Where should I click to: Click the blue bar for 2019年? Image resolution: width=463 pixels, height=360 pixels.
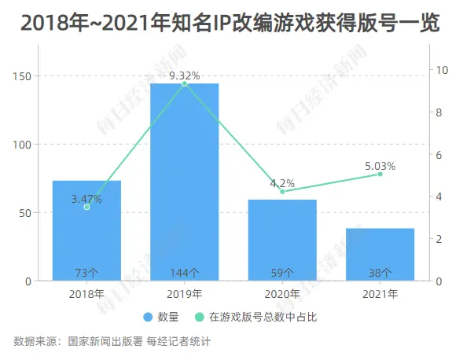185,182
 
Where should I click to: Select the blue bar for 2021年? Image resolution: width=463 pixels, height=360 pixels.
380,254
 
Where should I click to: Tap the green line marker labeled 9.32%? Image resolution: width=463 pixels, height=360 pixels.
185,84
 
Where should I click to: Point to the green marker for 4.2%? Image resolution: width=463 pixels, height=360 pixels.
282,192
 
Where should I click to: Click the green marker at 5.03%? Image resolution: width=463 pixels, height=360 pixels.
380,174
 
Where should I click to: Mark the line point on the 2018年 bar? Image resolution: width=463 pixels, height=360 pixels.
86,208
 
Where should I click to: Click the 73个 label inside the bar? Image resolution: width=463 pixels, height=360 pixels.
86,273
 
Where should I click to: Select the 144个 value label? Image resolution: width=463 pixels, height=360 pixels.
185,273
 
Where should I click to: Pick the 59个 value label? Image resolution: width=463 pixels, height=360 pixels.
282,273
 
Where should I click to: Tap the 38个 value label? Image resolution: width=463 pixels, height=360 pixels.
380,273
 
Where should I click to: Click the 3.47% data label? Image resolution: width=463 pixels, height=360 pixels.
86,199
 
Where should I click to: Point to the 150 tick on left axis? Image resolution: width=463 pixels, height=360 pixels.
22,76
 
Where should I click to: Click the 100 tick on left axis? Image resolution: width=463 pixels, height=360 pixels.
22,145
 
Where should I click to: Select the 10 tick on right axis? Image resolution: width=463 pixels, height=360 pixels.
443,70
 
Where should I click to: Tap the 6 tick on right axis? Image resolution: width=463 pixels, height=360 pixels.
439,155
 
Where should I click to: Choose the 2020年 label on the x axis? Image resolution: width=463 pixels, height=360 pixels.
282,294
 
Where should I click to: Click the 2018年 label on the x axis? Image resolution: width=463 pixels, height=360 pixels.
86,294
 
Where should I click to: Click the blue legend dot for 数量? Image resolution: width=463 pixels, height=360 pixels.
148,318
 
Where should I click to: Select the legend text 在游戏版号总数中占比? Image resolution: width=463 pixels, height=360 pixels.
263,318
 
